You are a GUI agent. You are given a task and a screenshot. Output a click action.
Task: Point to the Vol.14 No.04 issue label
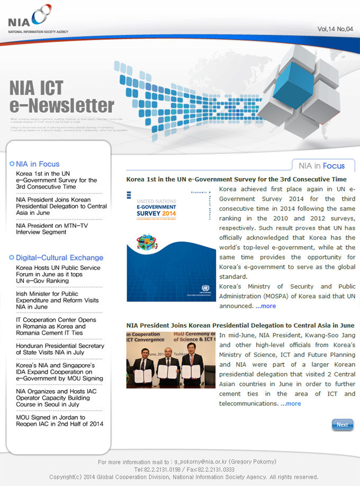[x=335, y=29]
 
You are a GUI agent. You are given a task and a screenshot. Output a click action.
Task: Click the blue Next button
[x=342, y=425]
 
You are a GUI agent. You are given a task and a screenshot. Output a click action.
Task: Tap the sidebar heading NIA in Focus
[x=38, y=164]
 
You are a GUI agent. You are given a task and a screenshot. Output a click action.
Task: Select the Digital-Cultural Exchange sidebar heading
[x=59, y=258]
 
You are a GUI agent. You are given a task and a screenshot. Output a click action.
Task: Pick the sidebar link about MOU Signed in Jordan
[x=59, y=420]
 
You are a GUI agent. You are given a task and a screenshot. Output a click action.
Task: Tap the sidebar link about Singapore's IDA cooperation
[x=59, y=372]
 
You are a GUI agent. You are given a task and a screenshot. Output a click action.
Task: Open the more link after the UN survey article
[x=266, y=306]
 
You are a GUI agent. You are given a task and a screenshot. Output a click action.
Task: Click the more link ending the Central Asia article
[x=291, y=403]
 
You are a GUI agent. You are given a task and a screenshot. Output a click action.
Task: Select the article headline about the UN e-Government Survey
[x=236, y=179]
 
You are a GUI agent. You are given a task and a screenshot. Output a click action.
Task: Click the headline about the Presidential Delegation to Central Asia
[x=240, y=325]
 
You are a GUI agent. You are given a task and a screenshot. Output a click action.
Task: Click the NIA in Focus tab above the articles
[x=322, y=166]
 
